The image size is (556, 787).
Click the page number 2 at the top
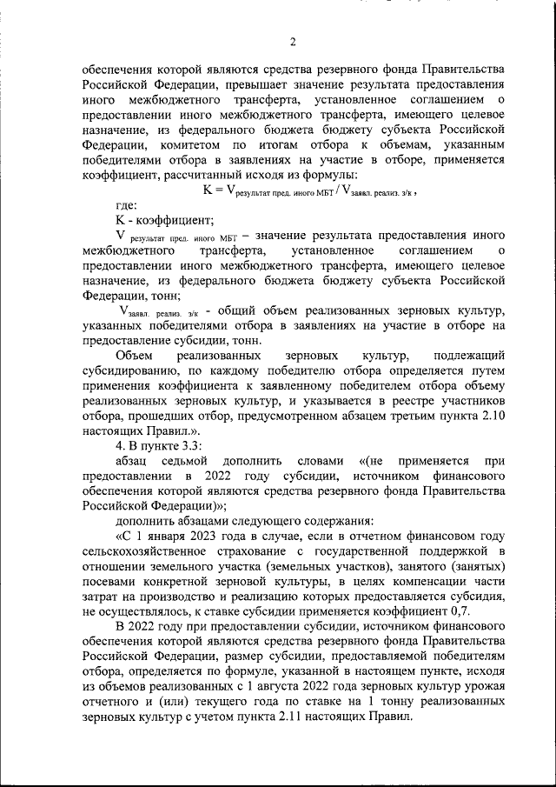pos(293,42)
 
